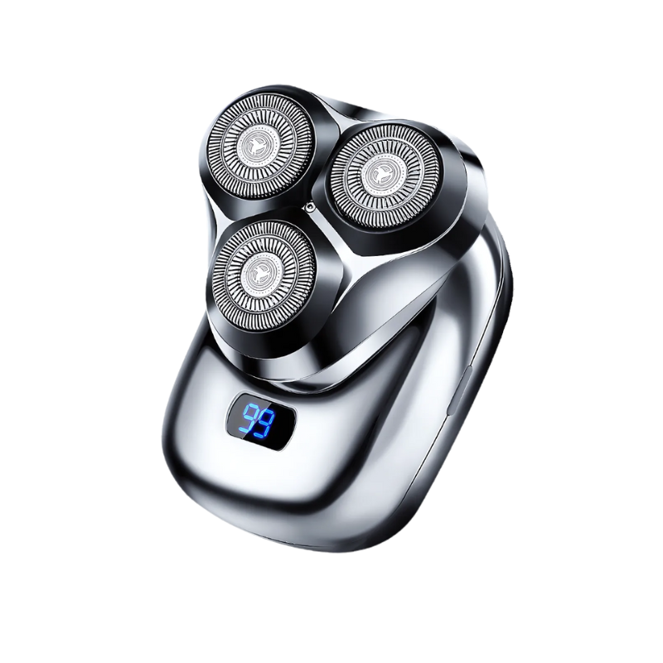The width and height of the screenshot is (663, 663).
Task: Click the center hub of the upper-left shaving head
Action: pyautogui.click(x=257, y=148)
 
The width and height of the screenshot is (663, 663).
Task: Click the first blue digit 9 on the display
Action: pyautogui.click(x=247, y=419)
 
